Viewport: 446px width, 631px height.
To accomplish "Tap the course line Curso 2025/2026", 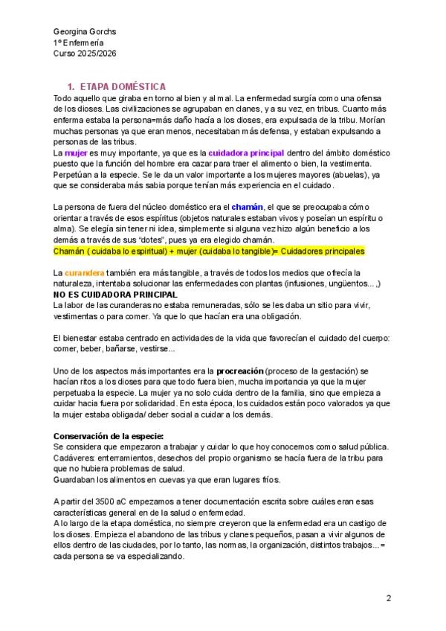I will [x=85, y=54].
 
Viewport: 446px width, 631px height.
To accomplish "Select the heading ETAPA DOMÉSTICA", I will [x=122, y=87].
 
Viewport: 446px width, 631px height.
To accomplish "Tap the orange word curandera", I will [x=85, y=273].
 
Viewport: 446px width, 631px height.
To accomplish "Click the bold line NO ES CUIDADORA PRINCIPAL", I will [x=114, y=295].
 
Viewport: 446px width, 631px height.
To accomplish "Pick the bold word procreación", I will [x=239, y=370].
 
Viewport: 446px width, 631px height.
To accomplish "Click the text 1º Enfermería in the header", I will [x=80, y=43].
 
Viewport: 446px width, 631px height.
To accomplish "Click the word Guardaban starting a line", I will [x=76, y=480].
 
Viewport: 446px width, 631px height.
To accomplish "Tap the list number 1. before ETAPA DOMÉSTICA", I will [x=71, y=87].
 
